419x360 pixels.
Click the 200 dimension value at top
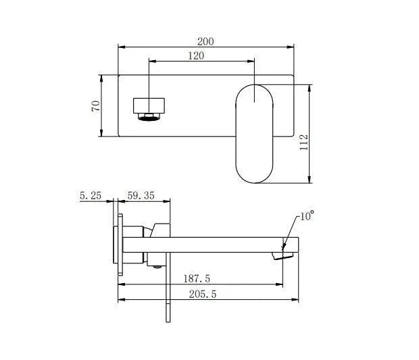(206, 41)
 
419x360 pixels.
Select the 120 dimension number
(196, 56)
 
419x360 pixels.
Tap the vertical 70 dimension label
(97, 105)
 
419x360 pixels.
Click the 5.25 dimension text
(91, 196)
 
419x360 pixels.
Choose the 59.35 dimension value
(141, 196)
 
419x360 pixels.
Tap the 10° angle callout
(307, 216)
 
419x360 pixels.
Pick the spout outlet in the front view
(149, 108)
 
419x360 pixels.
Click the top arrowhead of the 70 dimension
(101, 76)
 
